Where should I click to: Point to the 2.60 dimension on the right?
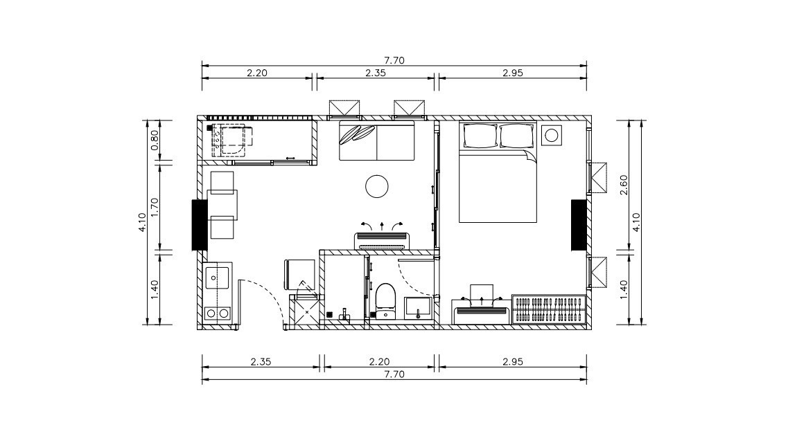click(x=624, y=185)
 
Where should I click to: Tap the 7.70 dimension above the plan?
click(x=394, y=60)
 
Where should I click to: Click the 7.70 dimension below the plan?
click(x=394, y=374)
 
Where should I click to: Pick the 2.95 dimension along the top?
click(x=512, y=73)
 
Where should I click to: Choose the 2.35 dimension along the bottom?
click(x=261, y=362)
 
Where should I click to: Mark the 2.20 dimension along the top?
click(x=257, y=73)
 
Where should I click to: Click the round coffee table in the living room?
click(x=377, y=187)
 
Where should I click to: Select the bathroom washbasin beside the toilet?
click(x=419, y=308)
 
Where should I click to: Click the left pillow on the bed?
click(x=480, y=136)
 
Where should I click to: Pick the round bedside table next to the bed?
click(x=551, y=135)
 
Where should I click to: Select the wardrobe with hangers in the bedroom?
click(x=549, y=309)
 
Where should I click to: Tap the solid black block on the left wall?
click(x=200, y=225)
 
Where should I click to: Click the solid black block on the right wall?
click(x=579, y=225)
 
